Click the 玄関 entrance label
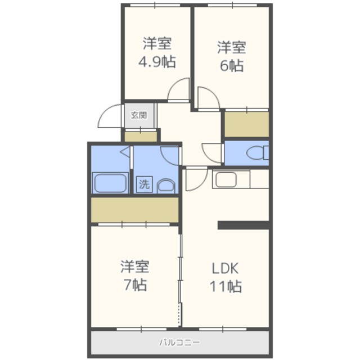(139, 115)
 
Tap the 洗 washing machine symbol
(144, 184)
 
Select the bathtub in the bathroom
(110, 183)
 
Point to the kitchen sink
(226, 179)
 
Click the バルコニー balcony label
(180, 343)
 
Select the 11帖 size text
(226, 286)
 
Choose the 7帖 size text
(135, 285)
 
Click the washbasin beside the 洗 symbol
(166, 186)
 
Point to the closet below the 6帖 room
(246, 124)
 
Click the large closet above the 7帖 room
(135, 210)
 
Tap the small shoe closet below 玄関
(141, 137)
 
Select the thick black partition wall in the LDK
(244, 225)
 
